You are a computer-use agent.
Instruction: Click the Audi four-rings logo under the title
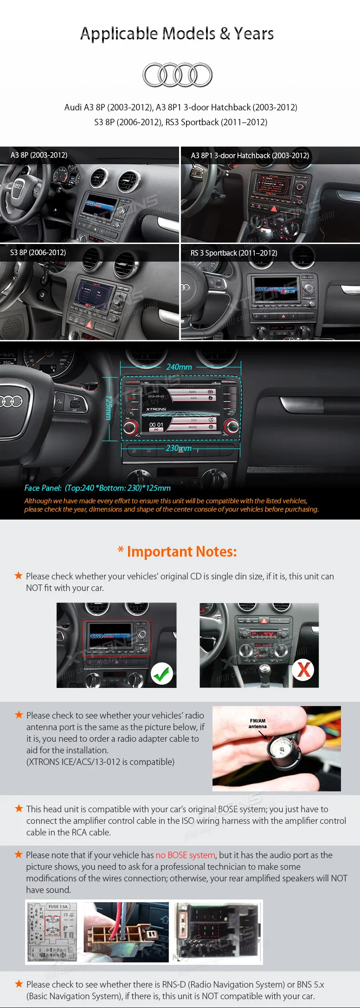coord(177,75)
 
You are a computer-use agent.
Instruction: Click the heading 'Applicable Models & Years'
coord(177,34)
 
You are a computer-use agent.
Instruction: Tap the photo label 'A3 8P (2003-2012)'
coord(39,155)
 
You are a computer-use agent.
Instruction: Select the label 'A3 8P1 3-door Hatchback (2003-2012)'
coord(250,155)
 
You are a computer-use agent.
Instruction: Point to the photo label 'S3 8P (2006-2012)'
coord(38,252)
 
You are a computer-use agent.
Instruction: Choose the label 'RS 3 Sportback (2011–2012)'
coord(234,253)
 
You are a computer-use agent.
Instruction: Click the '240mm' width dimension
coord(179,367)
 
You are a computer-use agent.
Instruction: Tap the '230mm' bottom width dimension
coord(179,448)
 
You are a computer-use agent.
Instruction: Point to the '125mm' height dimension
coord(109,408)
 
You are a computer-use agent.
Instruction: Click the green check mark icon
coord(161,673)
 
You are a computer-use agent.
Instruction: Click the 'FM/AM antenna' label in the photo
coord(257,724)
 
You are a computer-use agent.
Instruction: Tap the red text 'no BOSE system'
coord(186,855)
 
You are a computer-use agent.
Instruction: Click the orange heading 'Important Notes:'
coord(181,552)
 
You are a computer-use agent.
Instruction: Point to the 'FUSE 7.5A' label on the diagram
coord(58,906)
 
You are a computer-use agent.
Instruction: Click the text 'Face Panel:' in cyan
coord(43,488)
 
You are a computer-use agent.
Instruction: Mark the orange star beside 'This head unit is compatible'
coord(19,809)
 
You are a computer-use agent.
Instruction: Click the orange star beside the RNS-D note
coord(19,984)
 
